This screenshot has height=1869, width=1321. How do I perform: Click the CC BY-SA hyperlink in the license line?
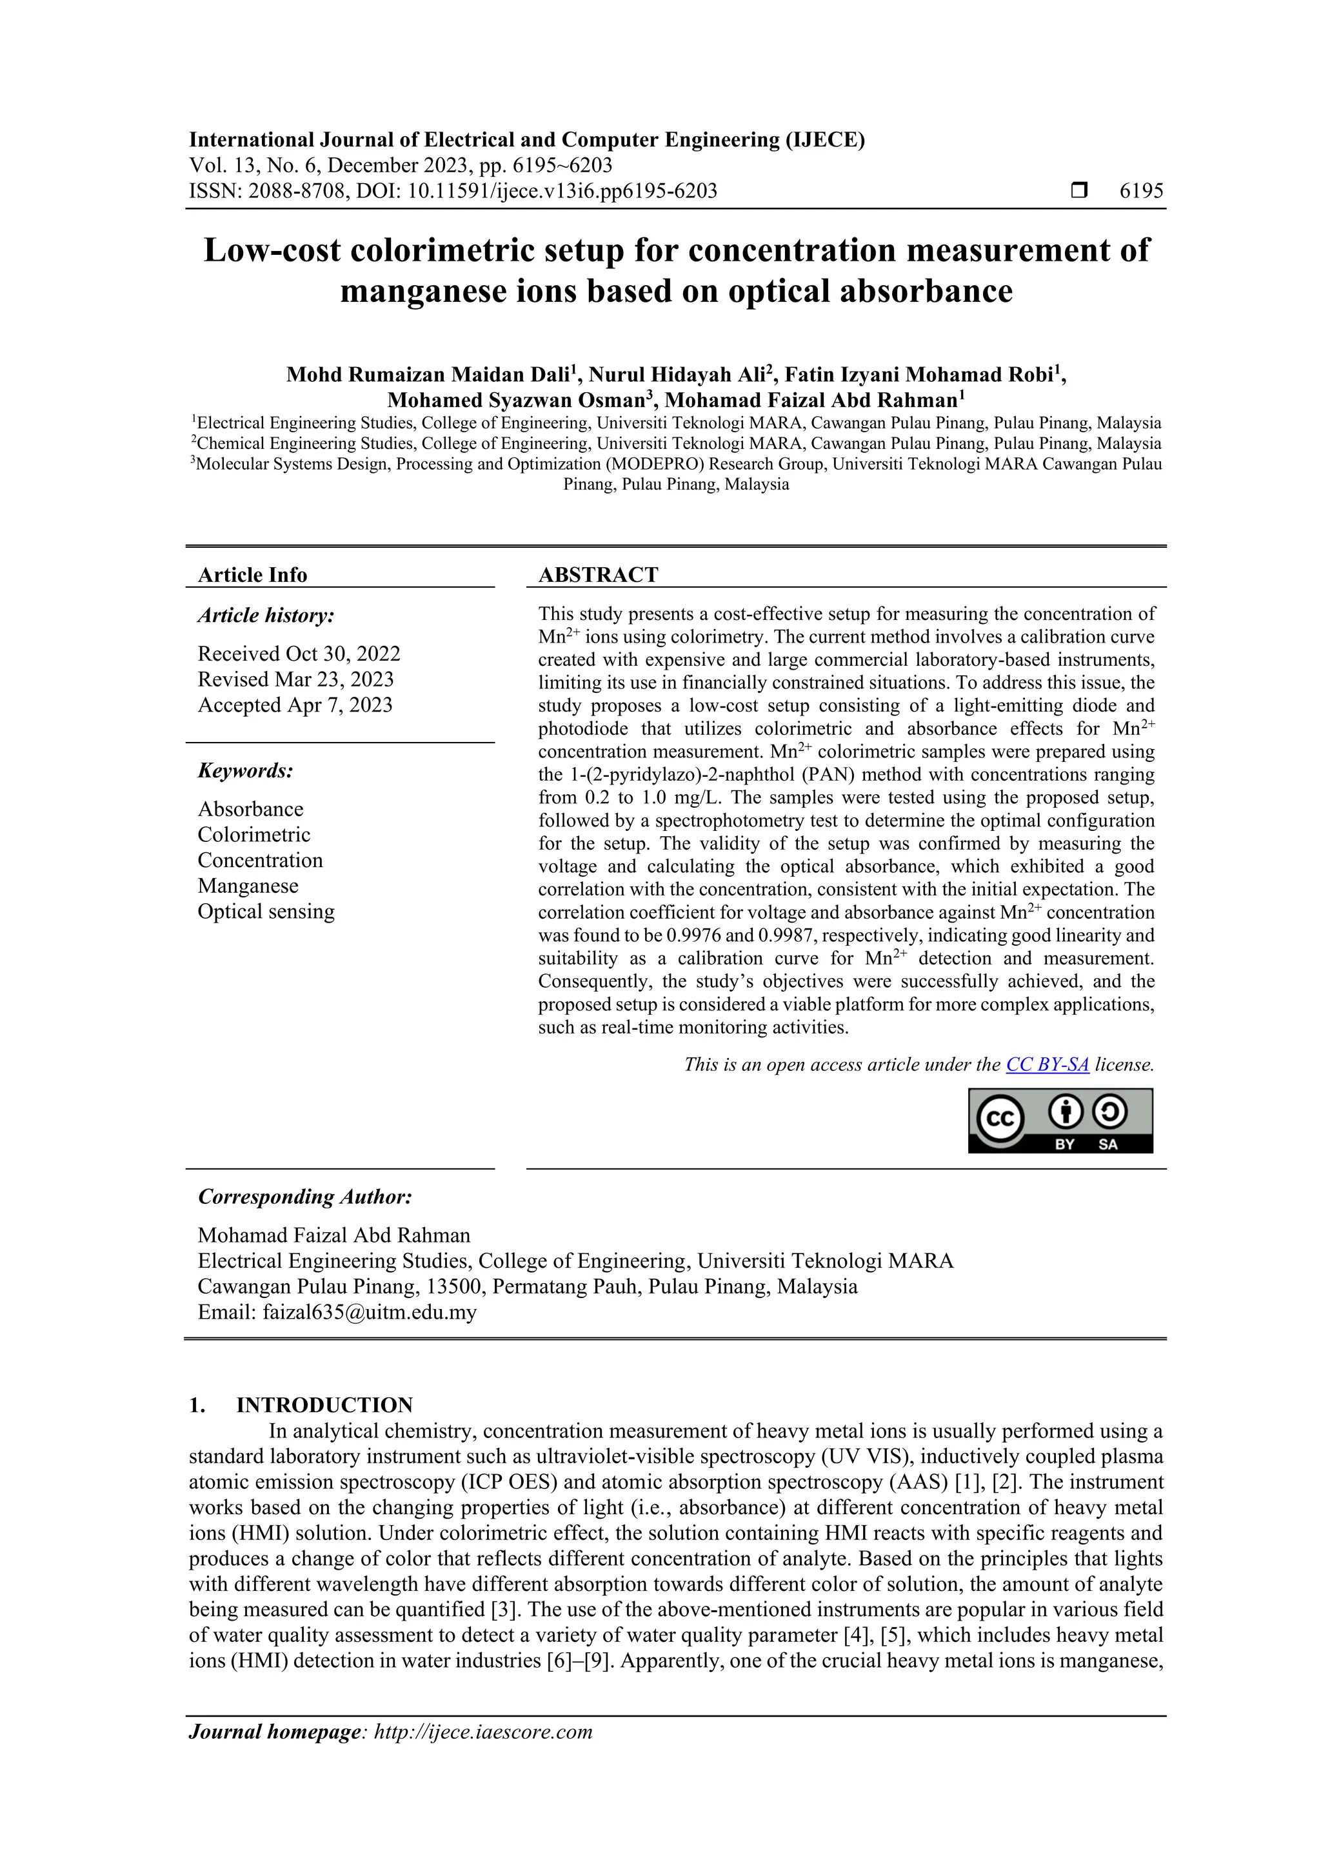tap(1047, 1064)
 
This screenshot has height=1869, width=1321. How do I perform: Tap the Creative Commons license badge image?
tap(1060, 1120)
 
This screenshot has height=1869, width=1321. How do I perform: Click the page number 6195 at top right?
tap(1141, 192)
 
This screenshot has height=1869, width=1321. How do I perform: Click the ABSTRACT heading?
tap(597, 575)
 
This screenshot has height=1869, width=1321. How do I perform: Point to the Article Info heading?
tap(252, 575)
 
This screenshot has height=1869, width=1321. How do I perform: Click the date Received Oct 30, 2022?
tap(299, 654)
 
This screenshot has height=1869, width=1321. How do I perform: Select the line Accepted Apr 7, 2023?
tap(295, 705)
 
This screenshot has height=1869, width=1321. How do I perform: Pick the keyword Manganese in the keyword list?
tap(248, 886)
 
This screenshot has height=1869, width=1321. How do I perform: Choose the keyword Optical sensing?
tap(265, 911)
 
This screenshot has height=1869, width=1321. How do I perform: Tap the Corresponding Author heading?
tap(304, 1197)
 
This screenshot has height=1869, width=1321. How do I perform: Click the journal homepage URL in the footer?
tap(482, 1732)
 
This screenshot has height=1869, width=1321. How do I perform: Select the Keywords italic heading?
tap(245, 770)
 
